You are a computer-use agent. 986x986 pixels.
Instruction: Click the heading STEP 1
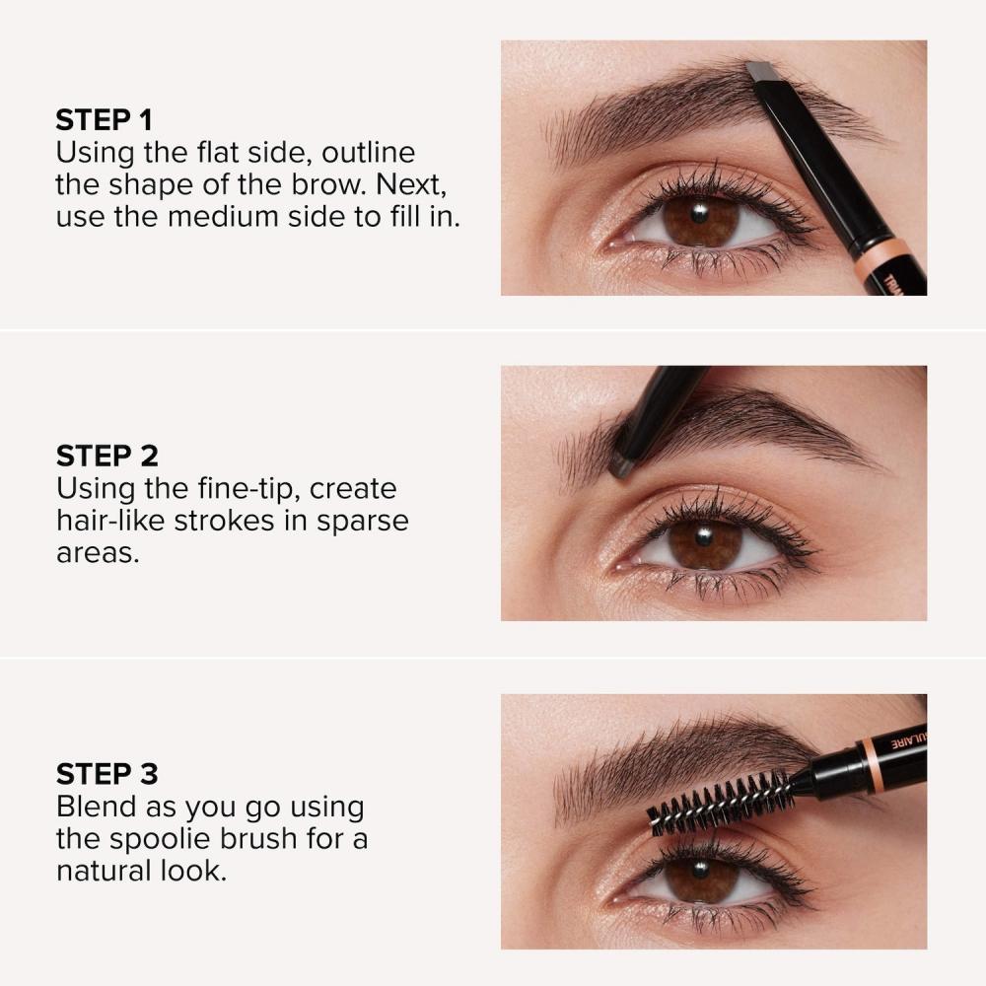105,120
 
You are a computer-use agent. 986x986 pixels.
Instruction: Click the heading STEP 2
106,456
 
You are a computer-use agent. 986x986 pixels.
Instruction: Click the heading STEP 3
106,773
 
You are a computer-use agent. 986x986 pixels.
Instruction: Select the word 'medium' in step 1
225,217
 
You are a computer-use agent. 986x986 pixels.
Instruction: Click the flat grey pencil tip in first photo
760,71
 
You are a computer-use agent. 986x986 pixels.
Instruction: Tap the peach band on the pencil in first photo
881,258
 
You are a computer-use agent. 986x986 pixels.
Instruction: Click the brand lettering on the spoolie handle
908,740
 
